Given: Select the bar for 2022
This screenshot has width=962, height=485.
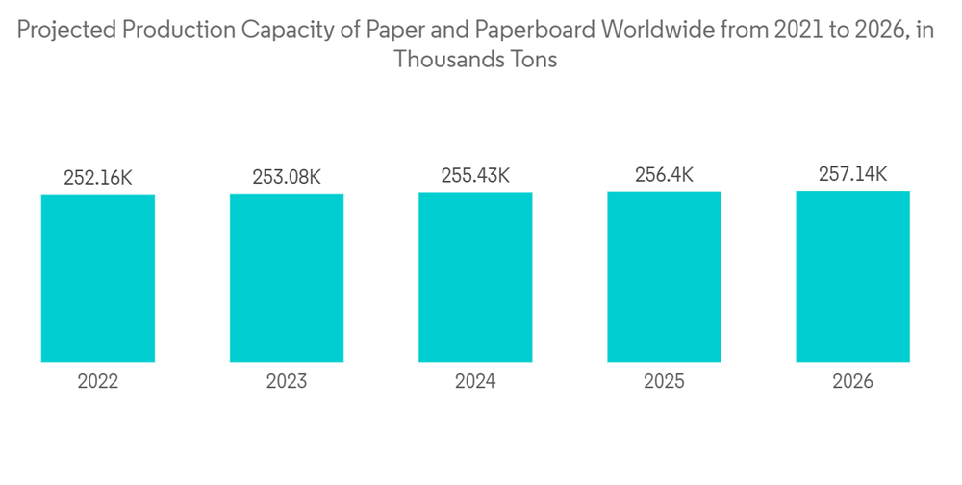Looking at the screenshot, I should tap(98, 278).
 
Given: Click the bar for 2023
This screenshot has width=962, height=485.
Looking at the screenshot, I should tap(287, 278).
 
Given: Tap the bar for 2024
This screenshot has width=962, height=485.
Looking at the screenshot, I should tap(475, 277).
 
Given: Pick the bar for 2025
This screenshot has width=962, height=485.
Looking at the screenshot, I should tap(664, 277).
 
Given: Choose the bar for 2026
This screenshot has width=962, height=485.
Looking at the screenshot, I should tap(852, 276).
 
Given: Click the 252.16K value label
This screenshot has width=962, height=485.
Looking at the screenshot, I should tap(98, 178).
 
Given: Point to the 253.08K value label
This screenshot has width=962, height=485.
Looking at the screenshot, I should tap(287, 177).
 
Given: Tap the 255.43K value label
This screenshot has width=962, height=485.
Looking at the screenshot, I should tap(475, 176).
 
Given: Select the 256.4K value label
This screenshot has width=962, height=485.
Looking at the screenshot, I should tap(664, 175).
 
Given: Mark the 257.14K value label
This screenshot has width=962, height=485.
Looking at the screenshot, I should tap(852, 174).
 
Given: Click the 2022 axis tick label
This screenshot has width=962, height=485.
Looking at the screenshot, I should tap(98, 382).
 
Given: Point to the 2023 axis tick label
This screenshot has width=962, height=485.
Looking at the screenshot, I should tap(287, 382).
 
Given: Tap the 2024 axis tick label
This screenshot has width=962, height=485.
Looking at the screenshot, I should tap(475, 382).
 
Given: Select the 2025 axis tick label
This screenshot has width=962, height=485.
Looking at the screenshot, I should tap(664, 382).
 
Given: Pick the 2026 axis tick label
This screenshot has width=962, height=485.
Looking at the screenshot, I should tap(852, 382).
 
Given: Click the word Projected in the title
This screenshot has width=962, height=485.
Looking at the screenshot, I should tap(66, 30).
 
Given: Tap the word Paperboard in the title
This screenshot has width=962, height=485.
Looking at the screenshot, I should tap(540, 30).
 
